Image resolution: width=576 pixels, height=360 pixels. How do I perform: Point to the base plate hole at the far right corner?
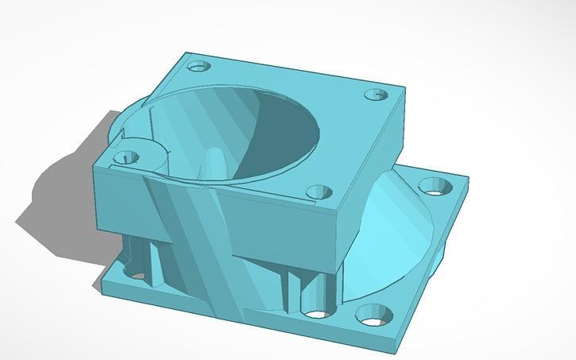click(x=435, y=187)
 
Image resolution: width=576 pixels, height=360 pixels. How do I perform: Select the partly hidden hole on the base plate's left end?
click(x=135, y=275)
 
